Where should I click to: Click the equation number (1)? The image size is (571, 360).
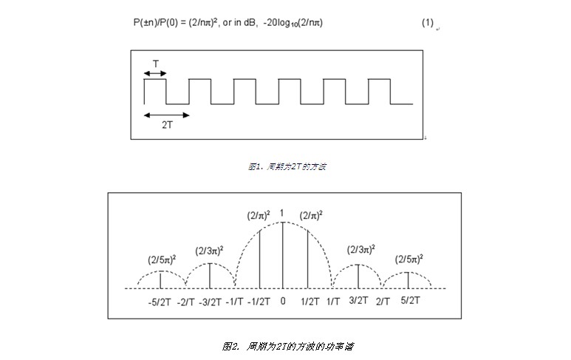427,23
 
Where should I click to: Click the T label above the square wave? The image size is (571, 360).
155,64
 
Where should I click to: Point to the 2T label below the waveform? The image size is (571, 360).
168,125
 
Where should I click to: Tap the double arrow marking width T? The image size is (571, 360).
155,73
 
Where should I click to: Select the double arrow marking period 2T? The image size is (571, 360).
166,115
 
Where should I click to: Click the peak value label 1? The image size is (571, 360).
282,214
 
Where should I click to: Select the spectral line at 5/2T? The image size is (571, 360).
408,280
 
